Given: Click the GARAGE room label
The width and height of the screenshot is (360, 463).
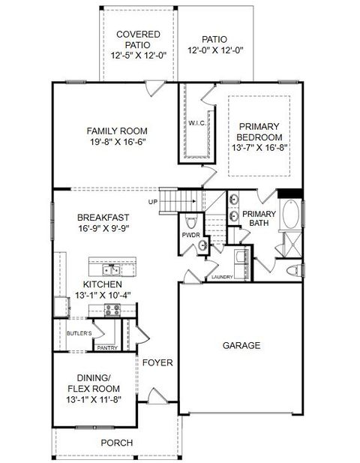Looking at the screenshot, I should pos(241,346).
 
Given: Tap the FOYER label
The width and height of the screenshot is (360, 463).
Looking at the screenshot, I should pos(157,363).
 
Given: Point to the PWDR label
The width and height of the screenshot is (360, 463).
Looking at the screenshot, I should pos(190,236).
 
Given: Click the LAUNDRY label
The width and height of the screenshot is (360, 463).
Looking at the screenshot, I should pos(221,277).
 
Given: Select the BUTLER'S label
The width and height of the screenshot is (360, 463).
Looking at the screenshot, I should pos(79,333).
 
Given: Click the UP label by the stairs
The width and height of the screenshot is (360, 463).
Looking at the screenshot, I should pos(153,202).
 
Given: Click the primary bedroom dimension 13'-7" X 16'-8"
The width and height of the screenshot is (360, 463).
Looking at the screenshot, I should pos(259,148).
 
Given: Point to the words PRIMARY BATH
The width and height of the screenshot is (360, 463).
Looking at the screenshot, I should pos(259,218).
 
